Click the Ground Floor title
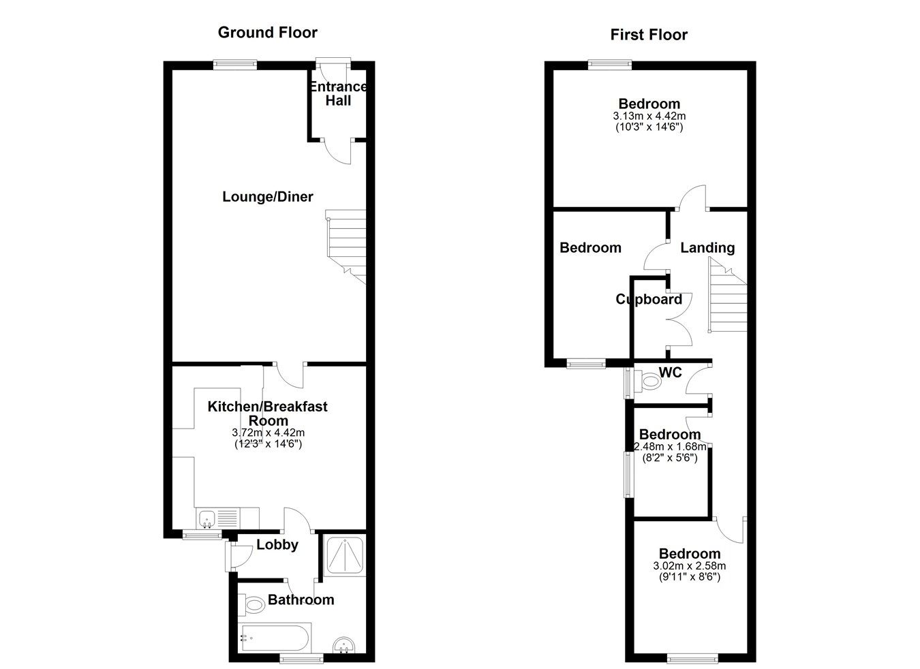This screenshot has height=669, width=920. (x=267, y=32)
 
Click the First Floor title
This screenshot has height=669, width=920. (x=648, y=35)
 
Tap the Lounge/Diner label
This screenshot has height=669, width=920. (x=268, y=197)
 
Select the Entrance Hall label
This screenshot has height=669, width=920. (x=338, y=94)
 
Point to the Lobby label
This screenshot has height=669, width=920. (x=277, y=544)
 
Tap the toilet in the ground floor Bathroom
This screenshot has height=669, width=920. (x=253, y=604)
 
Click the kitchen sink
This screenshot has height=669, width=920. (x=206, y=519)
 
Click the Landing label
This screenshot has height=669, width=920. (x=707, y=248)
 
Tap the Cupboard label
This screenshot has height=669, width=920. (x=648, y=300)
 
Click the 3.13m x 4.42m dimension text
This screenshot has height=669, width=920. (x=649, y=116)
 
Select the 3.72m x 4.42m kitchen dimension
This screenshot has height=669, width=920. (x=268, y=433)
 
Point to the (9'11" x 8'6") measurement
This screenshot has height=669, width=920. (x=689, y=576)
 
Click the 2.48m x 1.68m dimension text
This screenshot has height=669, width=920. (x=670, y=447)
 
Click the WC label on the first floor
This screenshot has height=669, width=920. (x=671, y=373)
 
